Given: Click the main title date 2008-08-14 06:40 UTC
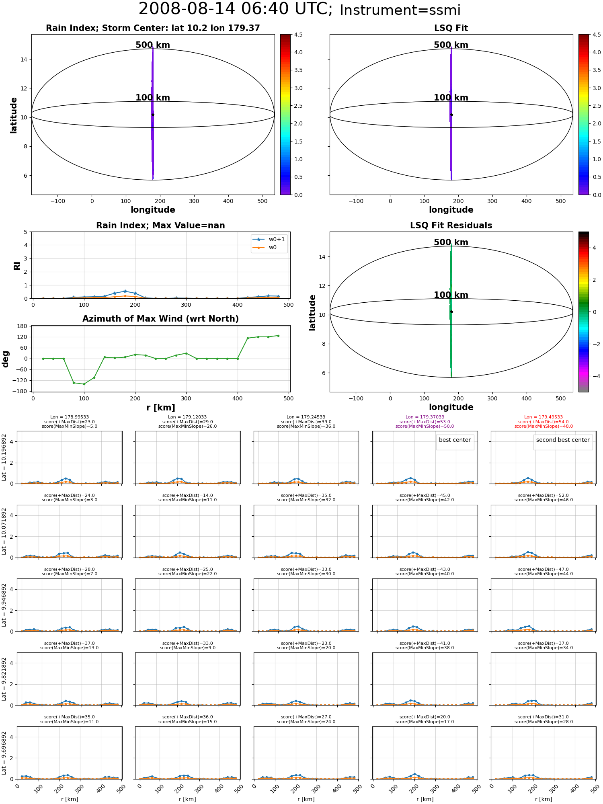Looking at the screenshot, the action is [236, 9].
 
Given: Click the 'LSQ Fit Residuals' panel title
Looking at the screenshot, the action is [451, 226].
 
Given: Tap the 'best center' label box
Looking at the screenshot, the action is [455, 440].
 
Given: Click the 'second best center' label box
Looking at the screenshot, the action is [563, 440].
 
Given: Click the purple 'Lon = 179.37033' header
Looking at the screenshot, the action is [425, 417].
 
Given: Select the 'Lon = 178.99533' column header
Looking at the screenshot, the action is [70, 417].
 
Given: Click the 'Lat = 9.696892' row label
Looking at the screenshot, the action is [4, 753].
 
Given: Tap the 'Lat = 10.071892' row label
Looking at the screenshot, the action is [4, 531].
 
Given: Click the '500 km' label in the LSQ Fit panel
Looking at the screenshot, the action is [451, 45].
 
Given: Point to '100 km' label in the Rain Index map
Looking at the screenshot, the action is [153, 98].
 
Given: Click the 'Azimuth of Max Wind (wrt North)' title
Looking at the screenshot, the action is [160, 319].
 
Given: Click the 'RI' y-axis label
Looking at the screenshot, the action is [17, 265].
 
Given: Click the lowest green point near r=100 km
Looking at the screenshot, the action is [84, 384].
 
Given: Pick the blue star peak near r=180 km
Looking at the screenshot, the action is [125, 291].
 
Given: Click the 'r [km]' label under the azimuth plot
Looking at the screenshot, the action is [160, 408].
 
